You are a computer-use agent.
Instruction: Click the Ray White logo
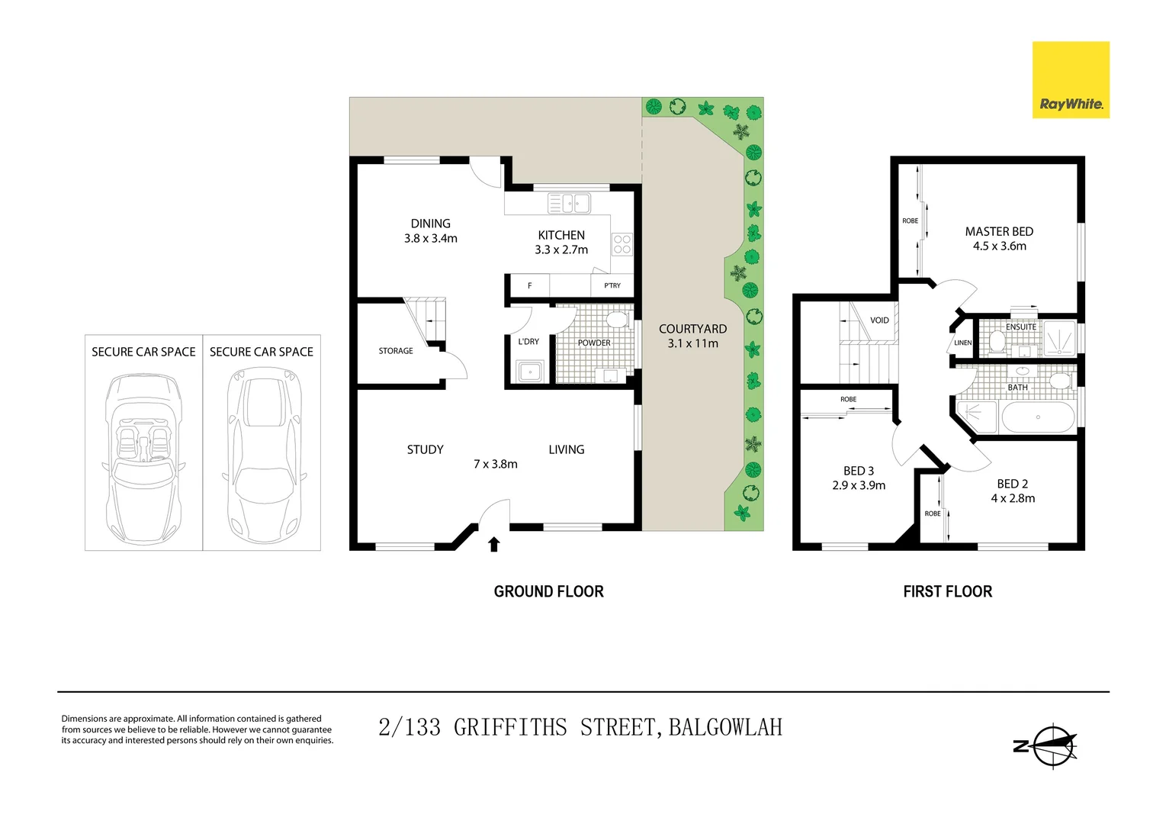(1070, 80)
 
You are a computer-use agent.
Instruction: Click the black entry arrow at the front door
(493, 543)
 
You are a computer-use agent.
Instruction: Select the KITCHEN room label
(561, 235)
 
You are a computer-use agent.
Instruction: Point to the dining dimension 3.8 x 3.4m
(431, 238)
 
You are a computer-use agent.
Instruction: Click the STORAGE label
(396, 351)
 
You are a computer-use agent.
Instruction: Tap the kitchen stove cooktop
(622, 244)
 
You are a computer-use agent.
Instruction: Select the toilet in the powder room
(616, 319)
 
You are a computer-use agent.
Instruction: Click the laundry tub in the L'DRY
(529, 372)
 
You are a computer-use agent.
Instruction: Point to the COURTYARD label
(692, 329)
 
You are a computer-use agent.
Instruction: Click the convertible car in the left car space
(143, 458)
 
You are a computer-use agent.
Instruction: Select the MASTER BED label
(999, 231)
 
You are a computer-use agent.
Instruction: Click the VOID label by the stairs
(879, 320)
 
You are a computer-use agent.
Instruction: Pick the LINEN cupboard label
(963, 343)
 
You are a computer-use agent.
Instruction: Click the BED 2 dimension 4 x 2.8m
(1013, 498)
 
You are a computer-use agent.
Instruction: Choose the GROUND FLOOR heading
(548, 591)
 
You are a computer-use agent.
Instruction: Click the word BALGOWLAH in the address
(725, 727)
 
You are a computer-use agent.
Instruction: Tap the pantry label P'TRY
(612, 285)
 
